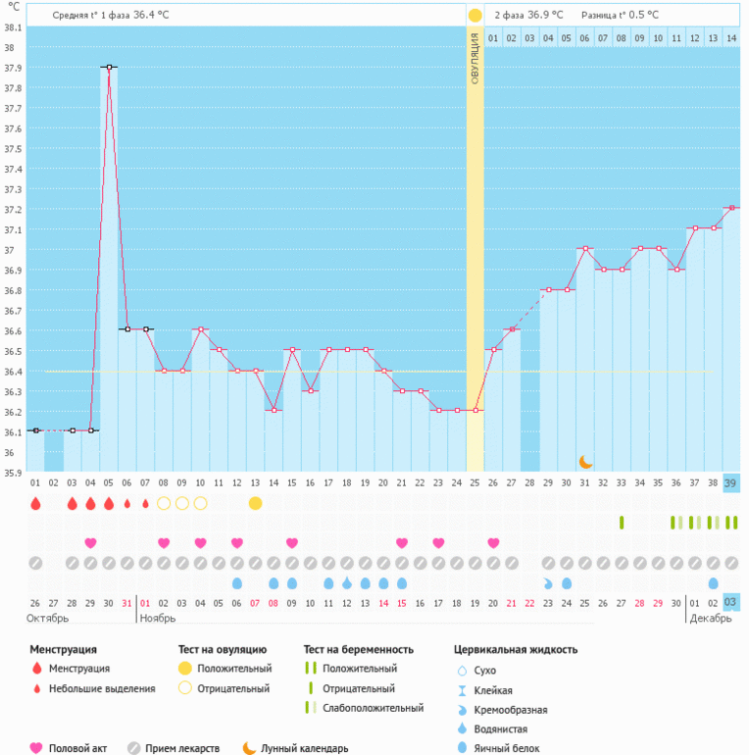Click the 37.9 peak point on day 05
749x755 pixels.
[109, 67]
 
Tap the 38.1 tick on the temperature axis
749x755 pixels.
[13, 27]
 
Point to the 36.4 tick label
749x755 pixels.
[13, 372]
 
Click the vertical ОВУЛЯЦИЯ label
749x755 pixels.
[474, 59]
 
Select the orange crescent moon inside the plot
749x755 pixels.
[585, 462]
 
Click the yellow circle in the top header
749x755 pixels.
[474, 15]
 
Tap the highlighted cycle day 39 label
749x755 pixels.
[730, 483]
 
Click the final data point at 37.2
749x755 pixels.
[730, 208]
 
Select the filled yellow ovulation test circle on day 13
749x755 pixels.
[256, 503]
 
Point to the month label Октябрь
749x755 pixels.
[47, 620]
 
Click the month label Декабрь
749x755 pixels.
[710, 620]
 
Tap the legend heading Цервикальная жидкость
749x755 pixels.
[516, 649]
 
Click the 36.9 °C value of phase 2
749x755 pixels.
[545, 15]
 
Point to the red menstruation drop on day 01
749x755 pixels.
[35, 503]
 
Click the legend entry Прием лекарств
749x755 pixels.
[181, 748]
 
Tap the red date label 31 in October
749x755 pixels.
[126, 602]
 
